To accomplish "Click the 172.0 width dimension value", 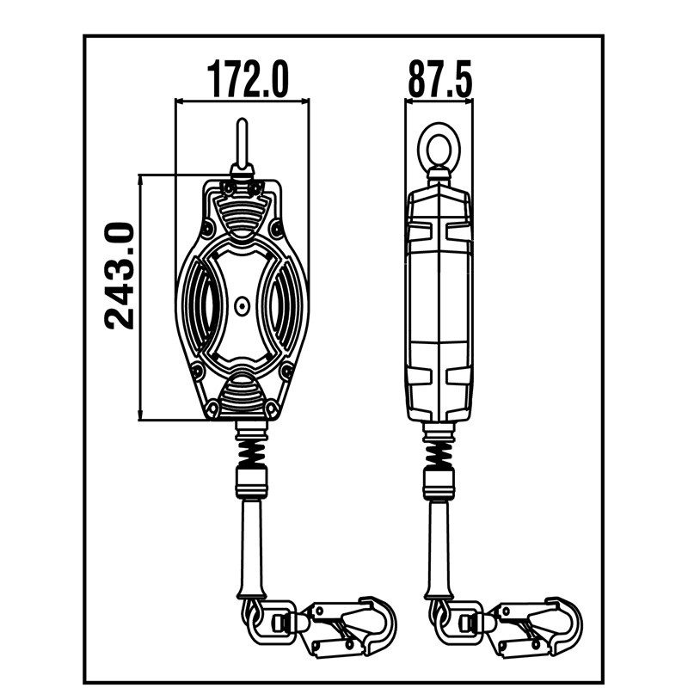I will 248,79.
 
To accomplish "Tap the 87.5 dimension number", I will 439,79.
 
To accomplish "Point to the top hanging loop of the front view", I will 242,144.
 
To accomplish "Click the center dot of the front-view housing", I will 241,304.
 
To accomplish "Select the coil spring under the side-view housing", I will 439,448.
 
